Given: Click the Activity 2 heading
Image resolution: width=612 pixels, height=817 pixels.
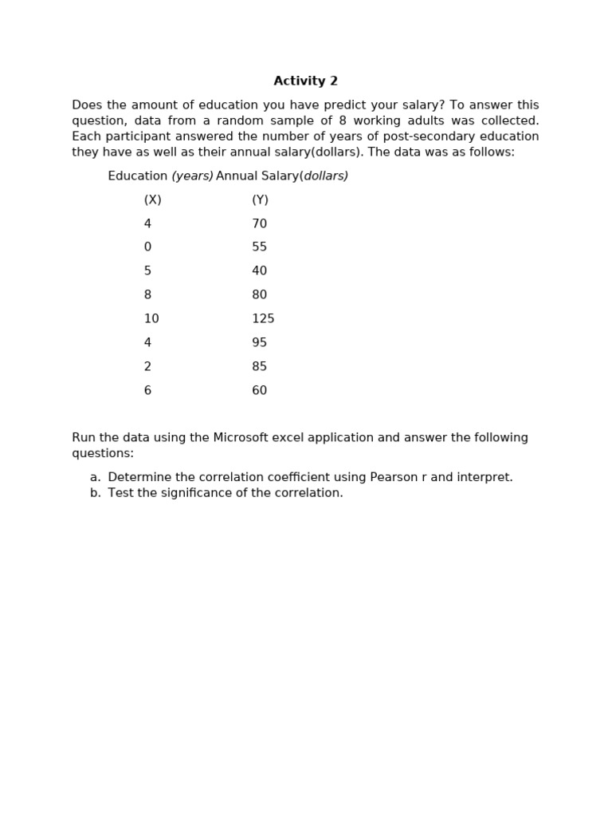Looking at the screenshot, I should click(305, 81).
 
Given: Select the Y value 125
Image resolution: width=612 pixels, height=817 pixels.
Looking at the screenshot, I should click(263, 319).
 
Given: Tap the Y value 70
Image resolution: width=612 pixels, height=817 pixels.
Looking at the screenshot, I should click(259, 224).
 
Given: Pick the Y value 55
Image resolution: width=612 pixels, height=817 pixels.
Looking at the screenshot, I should click(259, 247).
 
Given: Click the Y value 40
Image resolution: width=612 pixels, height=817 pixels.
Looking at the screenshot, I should click(259, 271).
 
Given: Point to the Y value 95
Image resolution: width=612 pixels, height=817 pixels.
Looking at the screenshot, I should click(259, 343).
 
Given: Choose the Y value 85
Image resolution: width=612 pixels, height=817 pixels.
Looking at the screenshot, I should click(259, 367).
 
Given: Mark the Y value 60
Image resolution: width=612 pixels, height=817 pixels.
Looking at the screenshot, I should click(259, 391).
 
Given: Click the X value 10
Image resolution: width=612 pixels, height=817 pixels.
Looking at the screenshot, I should click(151, 319).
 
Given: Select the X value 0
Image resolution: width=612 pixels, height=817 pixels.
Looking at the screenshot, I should click(147, 247).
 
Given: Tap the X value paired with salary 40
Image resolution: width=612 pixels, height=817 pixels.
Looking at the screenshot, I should click(147, 271).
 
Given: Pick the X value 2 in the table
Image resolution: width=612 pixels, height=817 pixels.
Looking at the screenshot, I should click(147, 367).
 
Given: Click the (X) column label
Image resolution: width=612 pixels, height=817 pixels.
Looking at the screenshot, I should click(152, 200).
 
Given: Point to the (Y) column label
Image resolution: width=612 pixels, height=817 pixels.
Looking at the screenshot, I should click(260, 200).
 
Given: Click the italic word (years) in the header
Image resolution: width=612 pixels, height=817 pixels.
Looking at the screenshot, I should click(192, 176).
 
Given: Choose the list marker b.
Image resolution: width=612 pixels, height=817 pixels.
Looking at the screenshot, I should click(95, 493).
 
